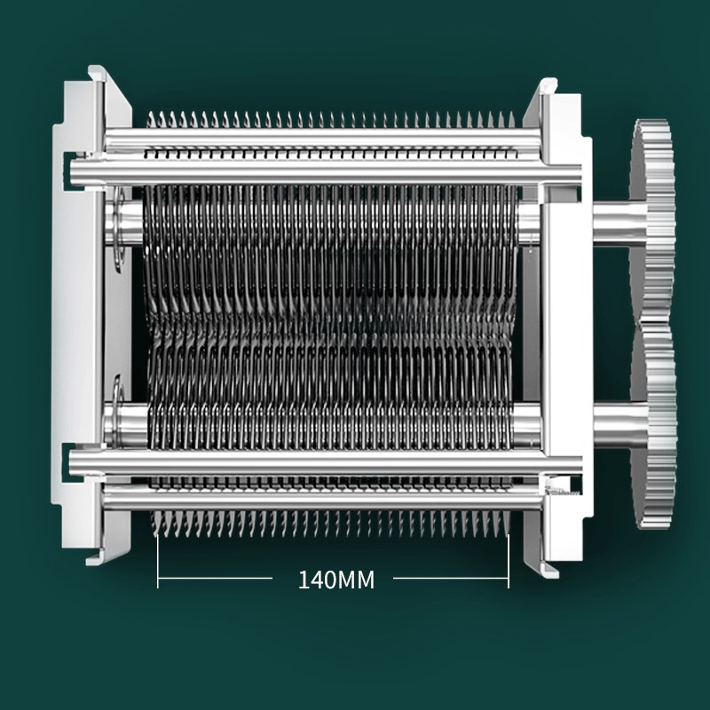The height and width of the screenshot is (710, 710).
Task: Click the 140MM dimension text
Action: [336, 580]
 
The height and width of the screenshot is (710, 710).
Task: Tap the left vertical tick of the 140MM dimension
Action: [158, 562]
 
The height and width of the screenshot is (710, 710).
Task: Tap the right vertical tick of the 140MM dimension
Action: [509, 562]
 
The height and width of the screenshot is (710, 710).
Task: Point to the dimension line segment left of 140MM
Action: [215, 579]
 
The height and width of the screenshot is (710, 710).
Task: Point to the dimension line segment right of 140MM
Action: [451, 579]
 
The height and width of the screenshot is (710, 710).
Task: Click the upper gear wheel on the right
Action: [652, 222]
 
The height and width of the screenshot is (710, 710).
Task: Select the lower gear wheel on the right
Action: [655, 426]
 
